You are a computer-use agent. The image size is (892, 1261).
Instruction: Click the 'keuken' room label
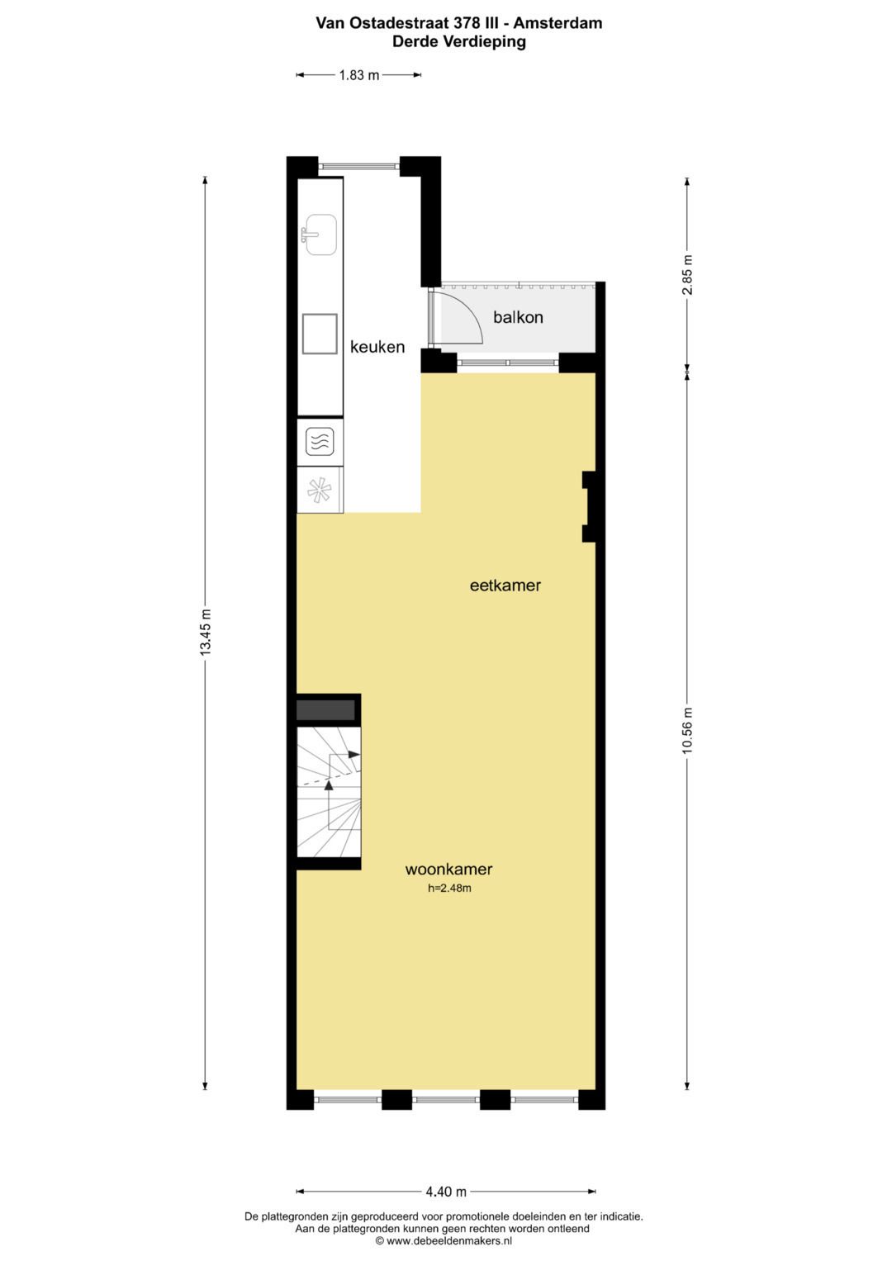tap(377, 347)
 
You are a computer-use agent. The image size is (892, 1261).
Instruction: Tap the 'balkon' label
tap(518, 317)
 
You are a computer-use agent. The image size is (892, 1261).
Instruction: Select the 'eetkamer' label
tap(505, 585)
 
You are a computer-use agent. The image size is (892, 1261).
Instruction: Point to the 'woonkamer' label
tap(448, 869)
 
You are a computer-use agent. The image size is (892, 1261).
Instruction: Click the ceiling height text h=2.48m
tap(449, 889)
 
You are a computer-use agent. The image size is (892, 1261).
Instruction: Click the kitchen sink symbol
tap(320, 235)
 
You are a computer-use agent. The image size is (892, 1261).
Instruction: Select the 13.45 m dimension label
tap(206, 633)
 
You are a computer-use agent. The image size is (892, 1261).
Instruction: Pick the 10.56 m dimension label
tap(687, 730)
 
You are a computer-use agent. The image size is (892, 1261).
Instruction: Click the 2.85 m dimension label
tap(687, 275)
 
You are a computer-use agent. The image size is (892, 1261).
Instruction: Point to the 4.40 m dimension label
tap(446, 1192)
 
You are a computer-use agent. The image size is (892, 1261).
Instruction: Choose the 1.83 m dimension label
tap(359, 75)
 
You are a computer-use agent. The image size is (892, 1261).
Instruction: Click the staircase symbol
tap(329, 793)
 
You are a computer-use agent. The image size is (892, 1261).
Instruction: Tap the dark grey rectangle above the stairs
tap(325, 709)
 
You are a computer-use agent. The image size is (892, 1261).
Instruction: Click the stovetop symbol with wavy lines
tap(320, 442)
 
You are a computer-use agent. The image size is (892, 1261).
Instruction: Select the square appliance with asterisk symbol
tap(320, 491)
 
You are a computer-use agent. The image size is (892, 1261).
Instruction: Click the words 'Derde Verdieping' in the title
tap(458, 41)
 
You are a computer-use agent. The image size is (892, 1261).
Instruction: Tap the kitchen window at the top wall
tap(359, 165)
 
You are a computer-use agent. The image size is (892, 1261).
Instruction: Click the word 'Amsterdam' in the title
tap(557, 23)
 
